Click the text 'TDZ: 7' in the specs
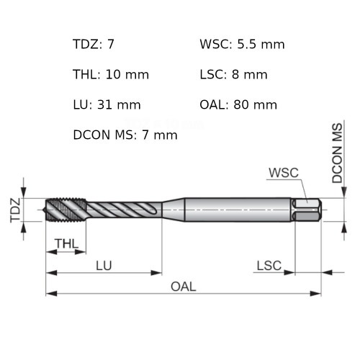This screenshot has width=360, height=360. (x=94, y=45)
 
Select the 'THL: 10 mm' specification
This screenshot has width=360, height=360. (x=107, y=74)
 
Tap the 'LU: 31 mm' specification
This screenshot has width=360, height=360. (x=107, y=104)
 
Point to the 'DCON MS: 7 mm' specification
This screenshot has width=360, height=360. (x=125, y=135)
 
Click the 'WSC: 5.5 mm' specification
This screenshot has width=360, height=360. (x=242, y=45)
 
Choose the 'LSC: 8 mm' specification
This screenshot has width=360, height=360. (x=233, y=74)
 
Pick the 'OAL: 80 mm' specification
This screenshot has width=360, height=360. (x=238, y=104)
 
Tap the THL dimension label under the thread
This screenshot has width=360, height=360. (x=66, y=244)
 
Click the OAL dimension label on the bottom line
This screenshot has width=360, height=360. (x=183, y=286)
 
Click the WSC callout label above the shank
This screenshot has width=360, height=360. (x=283, y=173)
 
